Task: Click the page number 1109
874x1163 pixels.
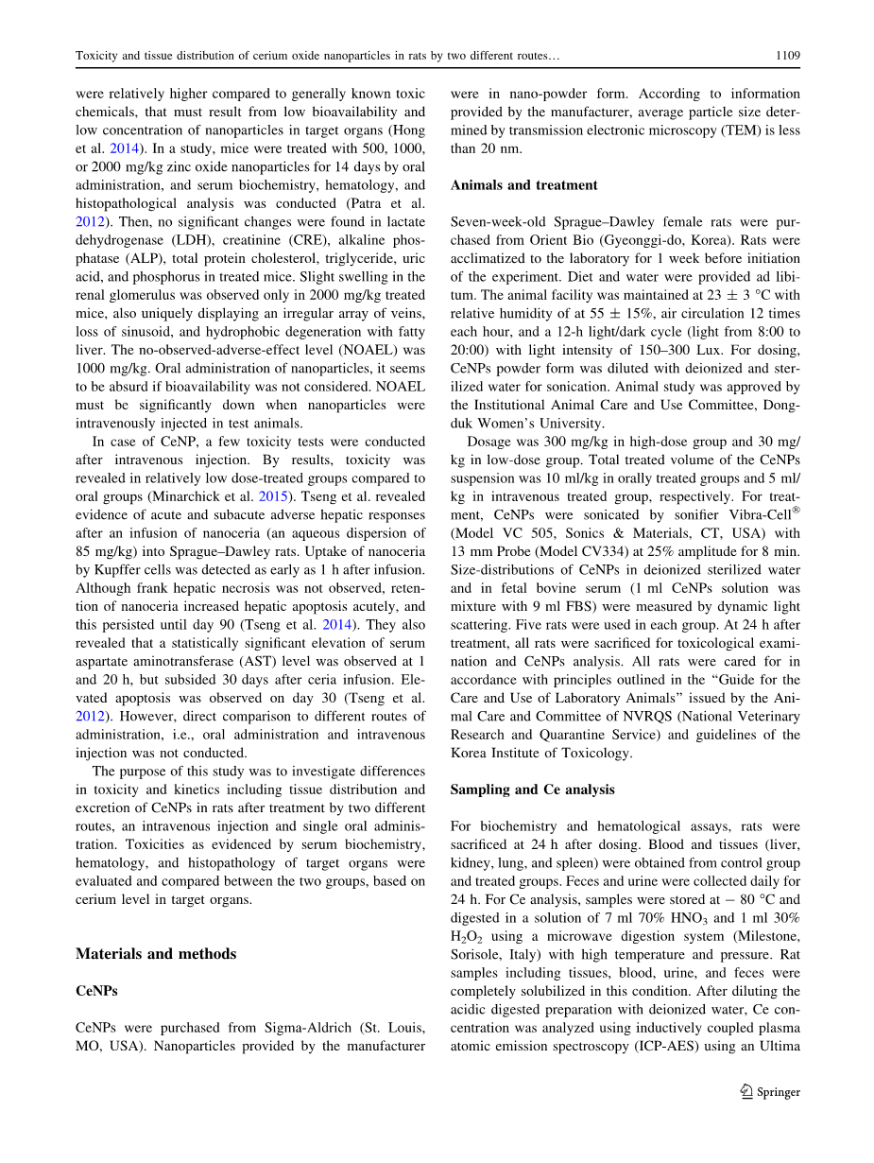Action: point(787,56)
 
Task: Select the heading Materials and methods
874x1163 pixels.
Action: point(156,954)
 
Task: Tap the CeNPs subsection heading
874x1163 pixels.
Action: point(96,991)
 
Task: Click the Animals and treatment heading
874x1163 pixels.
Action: point(523,185)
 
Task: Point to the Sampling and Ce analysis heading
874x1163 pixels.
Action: point(532,790)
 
